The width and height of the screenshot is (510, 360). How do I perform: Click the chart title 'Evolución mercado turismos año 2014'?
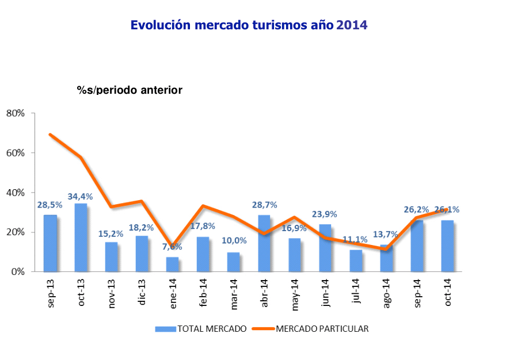(x=249, y=25)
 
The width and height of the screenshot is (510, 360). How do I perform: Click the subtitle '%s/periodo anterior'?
(x=130, y=90)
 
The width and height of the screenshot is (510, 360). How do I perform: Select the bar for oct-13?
(x=81, y=238)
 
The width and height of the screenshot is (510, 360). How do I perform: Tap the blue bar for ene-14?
(x=173, y=264)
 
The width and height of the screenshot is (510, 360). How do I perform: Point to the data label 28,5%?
(x=51, y=205)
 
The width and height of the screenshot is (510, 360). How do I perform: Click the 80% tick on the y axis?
(x=16, y=113)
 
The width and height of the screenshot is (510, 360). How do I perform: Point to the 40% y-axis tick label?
(x=16, y=193)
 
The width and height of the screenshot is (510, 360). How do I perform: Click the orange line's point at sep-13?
(x=51, y=135)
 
